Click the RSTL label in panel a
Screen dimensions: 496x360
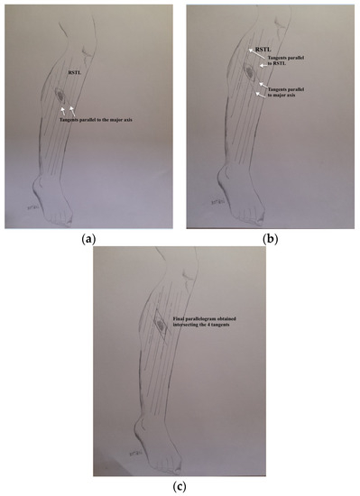coord(75,70)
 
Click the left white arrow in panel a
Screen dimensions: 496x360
coord(61,109)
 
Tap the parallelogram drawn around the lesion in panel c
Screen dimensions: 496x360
coord(162,323)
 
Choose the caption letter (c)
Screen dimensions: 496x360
coord(180,485)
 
